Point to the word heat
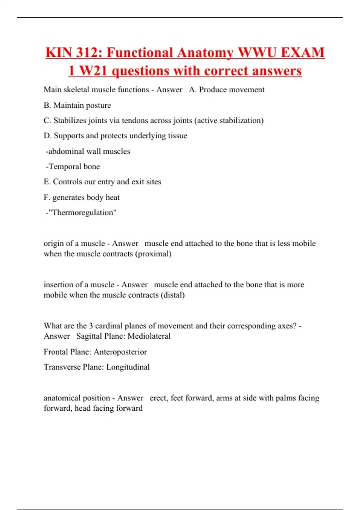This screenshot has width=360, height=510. coord(112,197)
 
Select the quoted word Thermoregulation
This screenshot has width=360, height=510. coord(82,213)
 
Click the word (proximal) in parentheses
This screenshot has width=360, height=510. coord(153,254)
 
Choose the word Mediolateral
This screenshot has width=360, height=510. coord(149,336)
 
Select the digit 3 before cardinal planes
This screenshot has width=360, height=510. coord(91,326)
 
